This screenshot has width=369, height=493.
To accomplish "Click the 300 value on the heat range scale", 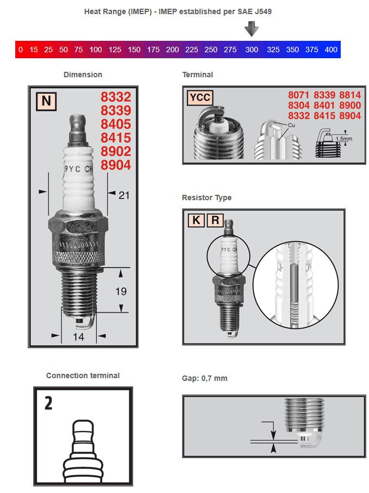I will (x=252, y=50).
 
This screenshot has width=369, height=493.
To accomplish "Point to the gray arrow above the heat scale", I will (x=252, y=28).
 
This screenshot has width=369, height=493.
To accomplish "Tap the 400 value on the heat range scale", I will (x=330, y=50).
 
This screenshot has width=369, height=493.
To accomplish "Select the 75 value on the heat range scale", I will (x=78, y=50).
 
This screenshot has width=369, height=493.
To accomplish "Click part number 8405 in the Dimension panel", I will (x=116, y=124).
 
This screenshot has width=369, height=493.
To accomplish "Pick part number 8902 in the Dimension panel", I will (x=116, y=151).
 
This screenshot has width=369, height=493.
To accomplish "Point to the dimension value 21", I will (x=124, y=195).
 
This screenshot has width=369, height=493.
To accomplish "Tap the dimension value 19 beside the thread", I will (x=121, y=291).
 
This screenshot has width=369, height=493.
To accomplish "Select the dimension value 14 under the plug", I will (x=78, y=337).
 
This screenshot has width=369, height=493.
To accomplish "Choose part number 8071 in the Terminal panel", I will (x=299, y=95).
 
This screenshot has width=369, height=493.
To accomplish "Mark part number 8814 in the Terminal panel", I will (x=349, y=95).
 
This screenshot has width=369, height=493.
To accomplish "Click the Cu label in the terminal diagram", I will (x=291, y=125).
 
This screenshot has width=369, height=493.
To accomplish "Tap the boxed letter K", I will (x=196, y=220).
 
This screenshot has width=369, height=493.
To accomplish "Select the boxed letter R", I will (x=215, y=220).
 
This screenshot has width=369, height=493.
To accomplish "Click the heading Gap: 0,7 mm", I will (x=204, y=378).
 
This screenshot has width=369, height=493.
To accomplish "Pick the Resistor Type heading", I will (x=207, y=198).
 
